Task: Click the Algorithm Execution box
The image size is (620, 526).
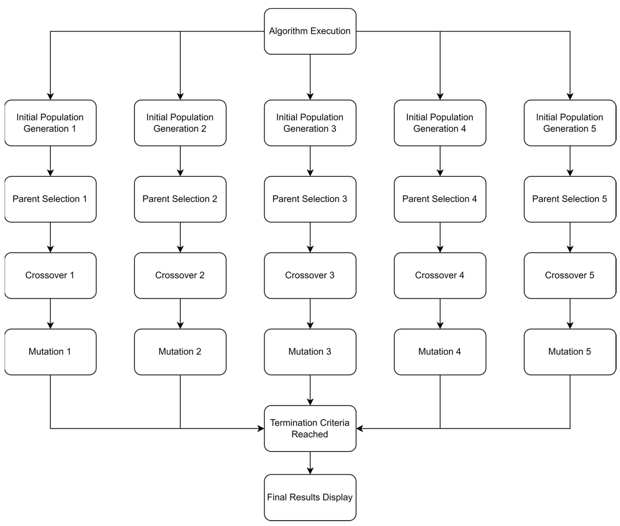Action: [x=310, y=31]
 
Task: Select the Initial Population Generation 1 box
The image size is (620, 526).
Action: [x=50, y=123]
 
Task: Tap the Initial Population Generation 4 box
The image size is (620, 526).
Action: [x=440, y=123]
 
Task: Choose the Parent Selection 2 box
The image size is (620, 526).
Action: [x=180, y=199]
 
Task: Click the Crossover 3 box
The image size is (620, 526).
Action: [x=310, y=275]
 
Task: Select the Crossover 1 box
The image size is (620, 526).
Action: [x=50, y=275]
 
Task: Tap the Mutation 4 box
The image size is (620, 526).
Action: [x=440, y=352]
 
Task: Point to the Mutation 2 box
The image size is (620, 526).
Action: [x=180, y=352]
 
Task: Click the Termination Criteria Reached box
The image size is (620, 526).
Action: [x=310, y=429]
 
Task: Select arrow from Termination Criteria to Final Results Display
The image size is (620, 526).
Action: [x=310, y=462]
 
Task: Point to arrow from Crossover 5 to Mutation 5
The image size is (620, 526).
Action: [x=570, y=313]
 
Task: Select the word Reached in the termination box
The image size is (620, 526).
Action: [x=310, y=434]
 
